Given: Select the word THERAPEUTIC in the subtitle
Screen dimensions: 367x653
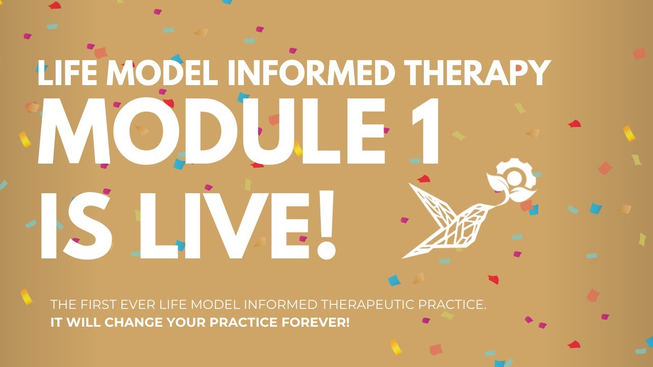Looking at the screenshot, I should [367, 305].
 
